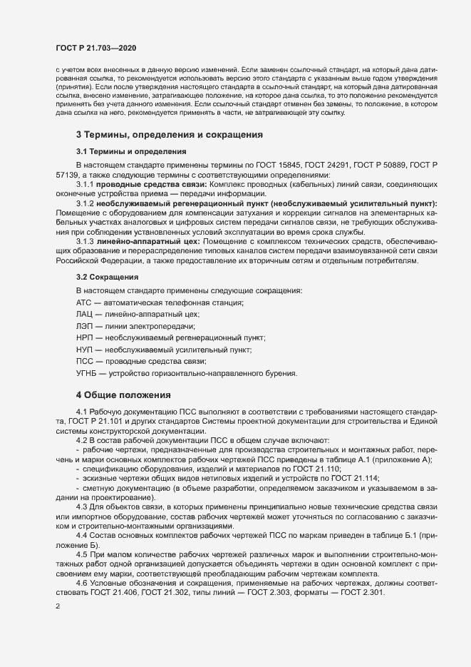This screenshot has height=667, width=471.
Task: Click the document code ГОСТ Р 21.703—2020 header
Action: click(x=95, y=48)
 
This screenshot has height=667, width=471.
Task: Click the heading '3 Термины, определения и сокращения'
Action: click(x=170, y=134)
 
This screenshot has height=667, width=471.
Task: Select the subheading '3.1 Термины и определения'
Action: click(x=130, y=151)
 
